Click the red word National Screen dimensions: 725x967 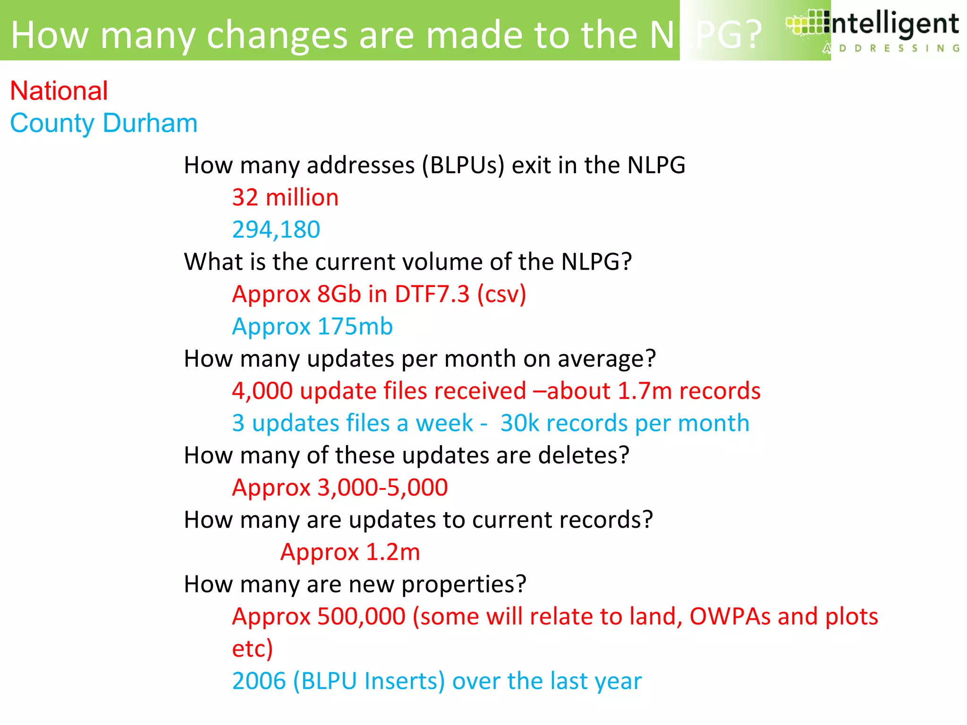click(59, 91)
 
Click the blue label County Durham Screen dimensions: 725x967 click(103, 123)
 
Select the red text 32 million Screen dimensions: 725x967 click(285, 197)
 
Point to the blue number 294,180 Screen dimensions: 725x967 click(276, 230)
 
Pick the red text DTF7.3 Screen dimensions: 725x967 click(432, 294)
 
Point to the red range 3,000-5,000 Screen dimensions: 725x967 click(382, 488)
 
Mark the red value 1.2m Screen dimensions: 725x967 click(393, 552)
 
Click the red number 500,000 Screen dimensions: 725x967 click(361, 617)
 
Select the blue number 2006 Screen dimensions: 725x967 click(259, 681)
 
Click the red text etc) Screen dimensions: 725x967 click(253, 649)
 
